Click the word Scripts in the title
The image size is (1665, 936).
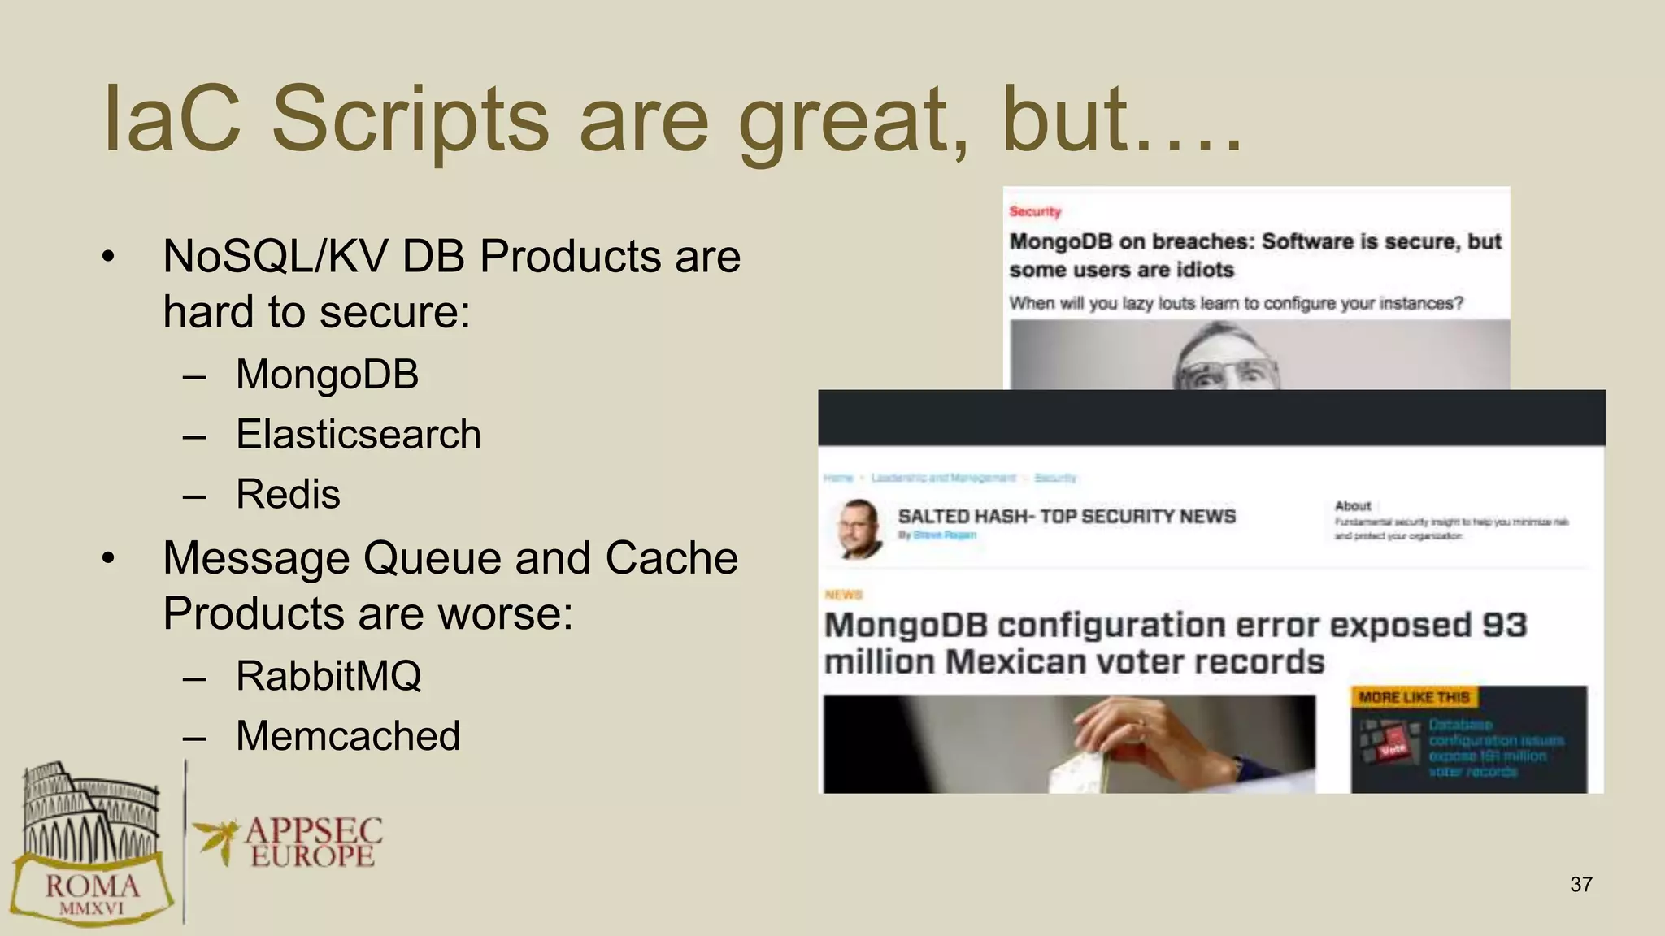click(x=410, y=120)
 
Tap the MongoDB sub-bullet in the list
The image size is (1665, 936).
click(x=327, y=375)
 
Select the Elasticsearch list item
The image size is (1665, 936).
click(x=358, y=434)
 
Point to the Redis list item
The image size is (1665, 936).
click(x=288, y=494)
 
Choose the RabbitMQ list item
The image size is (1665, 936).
click(x=328, y=676)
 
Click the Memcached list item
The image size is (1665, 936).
click(x=348, y=736)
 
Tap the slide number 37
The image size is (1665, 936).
click(x=1581, y=884)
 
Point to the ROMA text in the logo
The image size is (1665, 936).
click(x=92, y=886)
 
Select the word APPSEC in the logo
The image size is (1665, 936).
click(x=314, y=830)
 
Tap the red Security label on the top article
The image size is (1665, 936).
click(x=1035, y=211)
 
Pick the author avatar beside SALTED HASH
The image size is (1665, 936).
click(x=859, y=528)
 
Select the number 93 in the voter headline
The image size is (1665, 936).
click(x=1504, y=625)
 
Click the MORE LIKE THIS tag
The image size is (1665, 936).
click(x=1414, y=697)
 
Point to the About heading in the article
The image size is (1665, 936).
click(x=1353, y=505)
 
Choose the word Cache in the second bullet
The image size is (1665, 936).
click(x=671, y=558)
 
